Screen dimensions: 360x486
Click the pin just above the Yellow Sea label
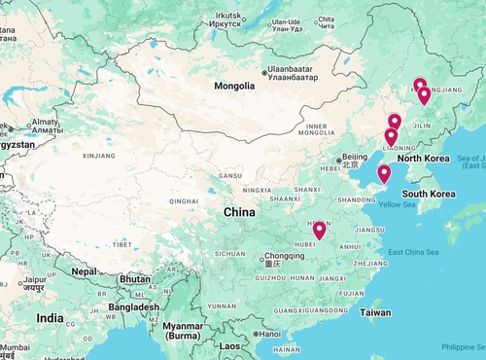[x=384, y=174]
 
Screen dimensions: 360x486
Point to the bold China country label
[x=240, y=212]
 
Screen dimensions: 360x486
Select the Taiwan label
[x=375, y=313]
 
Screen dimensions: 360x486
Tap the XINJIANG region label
[x=99, y=155]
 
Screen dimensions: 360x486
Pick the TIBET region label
[x=123, y=244]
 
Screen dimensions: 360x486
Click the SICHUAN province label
[x=229, y=253]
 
